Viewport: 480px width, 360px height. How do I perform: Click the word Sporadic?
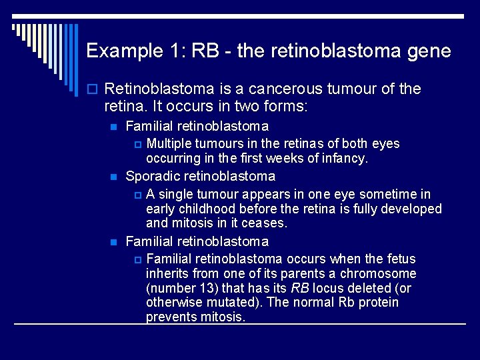click(150, 177)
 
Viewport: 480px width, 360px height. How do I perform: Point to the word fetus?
click(400, 259)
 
